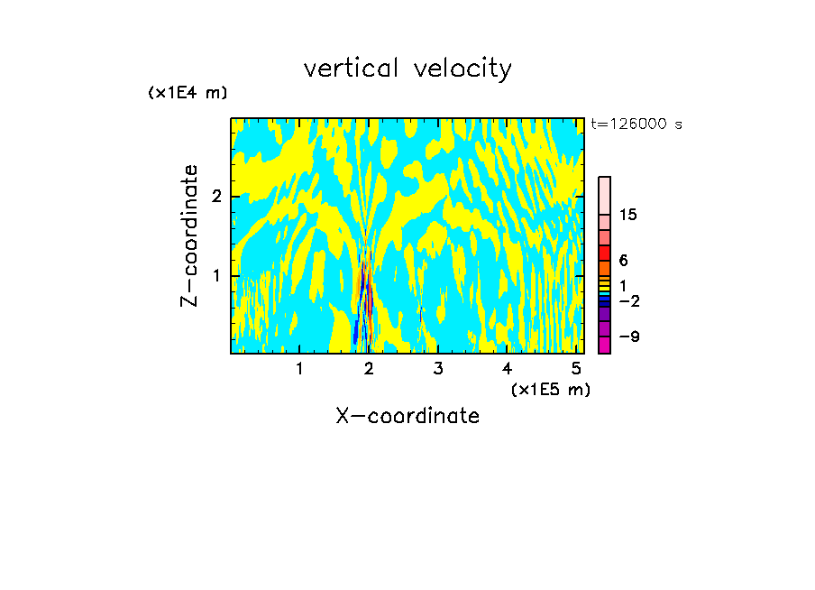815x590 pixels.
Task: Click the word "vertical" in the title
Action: click(x=353, y=69)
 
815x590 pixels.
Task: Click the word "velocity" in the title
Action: click(x=466, y=69)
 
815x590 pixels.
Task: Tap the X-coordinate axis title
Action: click(x=407, y=416)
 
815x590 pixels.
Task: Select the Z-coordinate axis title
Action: click(x=189, y=235)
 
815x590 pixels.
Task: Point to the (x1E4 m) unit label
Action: click(x=188, y=93)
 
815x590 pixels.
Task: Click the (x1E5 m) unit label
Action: click(x=550, y=389)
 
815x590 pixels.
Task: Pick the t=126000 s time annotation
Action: click(x=636, y=124)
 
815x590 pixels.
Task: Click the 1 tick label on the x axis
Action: click(x=299, y=368)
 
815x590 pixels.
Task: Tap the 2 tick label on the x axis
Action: click(x=369, y=368)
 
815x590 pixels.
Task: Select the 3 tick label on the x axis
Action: click(x=438, y=368)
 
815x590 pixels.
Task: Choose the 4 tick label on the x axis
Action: click(x=508, y=368)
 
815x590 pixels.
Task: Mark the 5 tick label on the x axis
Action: click(x=576, y=368)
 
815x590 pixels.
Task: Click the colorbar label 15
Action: click(x=628, y=215)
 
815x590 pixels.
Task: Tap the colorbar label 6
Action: click(x=623, y=260)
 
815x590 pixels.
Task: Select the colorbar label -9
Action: click(x=628, y=336)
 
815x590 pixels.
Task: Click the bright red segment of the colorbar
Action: click(x=604, y=253)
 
